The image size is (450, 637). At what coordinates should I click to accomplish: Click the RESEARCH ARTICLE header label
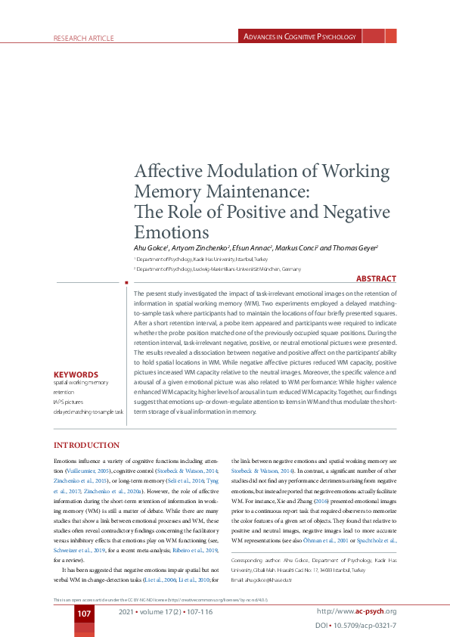(83, 38)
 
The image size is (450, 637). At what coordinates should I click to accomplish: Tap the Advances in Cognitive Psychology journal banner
(299, 36)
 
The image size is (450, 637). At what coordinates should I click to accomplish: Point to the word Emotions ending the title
(171, 231)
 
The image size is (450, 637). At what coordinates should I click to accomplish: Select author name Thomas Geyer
(353, 247)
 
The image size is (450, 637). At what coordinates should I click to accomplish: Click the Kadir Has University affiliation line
(199, 259)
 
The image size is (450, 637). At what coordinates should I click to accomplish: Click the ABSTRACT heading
(375, 279)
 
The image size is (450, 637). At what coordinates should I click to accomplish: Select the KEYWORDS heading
(76, 374)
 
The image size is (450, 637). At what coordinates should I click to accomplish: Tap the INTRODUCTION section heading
(85, 445)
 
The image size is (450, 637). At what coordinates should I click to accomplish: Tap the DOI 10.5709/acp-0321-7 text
(355, 626)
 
